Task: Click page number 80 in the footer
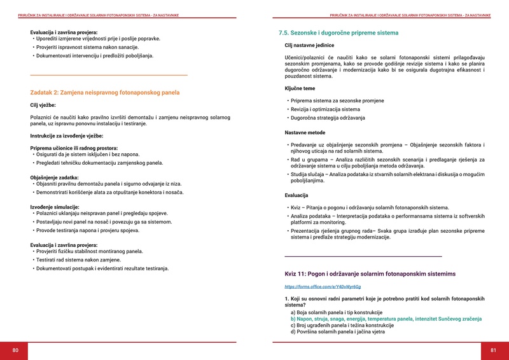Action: pyautogui.click(x=15, y=350)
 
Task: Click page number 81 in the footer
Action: pyautogui.click(x=493, y=350)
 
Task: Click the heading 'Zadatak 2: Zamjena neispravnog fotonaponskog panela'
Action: pyautogui.click(x=105, y=93)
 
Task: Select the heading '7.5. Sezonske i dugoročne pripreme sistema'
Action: pyautogui.click(x=338, y=32)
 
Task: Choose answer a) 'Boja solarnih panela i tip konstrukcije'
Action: pyautogui.click(x=336, y=312)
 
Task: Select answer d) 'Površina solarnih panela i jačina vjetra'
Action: pyautogui.click(x=337, y=331)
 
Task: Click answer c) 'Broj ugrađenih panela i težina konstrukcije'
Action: pyautogui.click(x=342, y=325)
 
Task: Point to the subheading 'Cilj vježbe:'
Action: pyautogui.click(x=43, y=105)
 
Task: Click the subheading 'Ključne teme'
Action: pyautogui.click(x=300, y=89)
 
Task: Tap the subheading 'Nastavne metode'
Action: pyautogui.click(x=305, y=132)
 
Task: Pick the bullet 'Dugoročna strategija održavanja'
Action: pyautogui.click(x=328, y=118)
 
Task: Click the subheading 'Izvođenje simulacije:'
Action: pyautogui.click(x=55, y=207)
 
